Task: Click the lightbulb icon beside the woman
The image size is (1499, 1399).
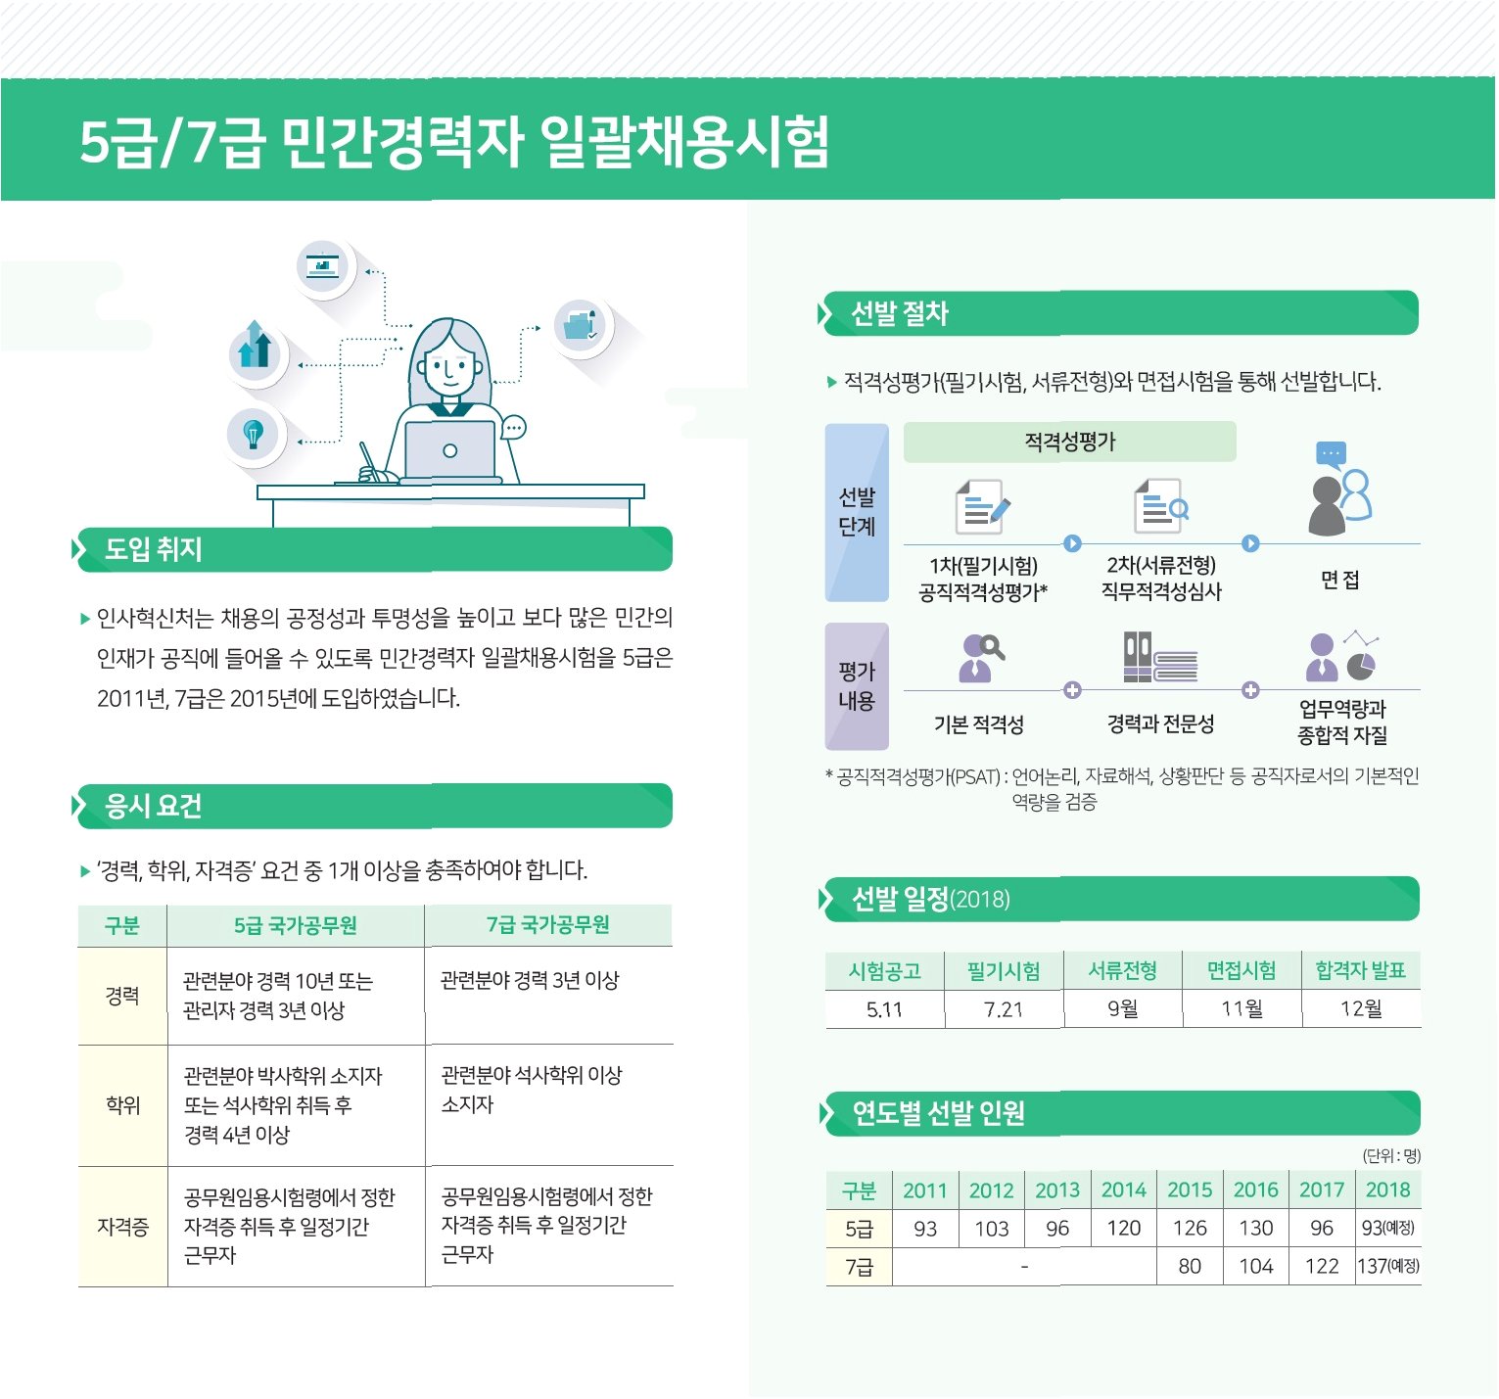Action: pyautogui.click(x=254, y=433)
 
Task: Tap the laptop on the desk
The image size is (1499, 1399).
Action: pyautogui.click(x=450, y=451)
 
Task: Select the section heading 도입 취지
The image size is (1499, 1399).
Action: pyautogui.click(x=154, y=549)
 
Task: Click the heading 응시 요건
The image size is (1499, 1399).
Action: pyautogui.click(x=154, y=806)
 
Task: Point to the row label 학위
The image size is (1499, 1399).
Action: pyautogui.click(x=123, y=1105)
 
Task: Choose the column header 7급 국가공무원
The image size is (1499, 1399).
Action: pyautogui.click(x=548, y=925)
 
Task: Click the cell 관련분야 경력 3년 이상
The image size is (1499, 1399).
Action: pyautogui.click(x=530, y=980)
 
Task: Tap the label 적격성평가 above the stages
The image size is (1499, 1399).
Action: pyautogui.click(x=1070, y=442)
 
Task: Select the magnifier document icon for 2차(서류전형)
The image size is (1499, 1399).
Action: pyautogui.click(x=1161, y=505)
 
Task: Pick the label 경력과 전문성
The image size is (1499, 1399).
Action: pyautogui.click(x=1160, y=723)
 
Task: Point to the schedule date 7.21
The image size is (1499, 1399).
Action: pyautogui.click(x=1004, y=1009)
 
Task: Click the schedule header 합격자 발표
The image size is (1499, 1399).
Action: pyautogui.click(x=1361, y=970)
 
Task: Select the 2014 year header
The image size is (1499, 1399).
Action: pyautogui.click(x=1124, y=1189)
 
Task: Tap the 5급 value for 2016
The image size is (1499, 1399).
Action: pyautogui.click(x=1256, y=1228)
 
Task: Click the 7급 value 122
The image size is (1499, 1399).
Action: pyautogui.click(x=1322, y=1266)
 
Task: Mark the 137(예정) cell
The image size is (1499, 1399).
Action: pyautogui.click(x=1388, y=1266)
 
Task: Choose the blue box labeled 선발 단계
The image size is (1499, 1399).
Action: pyautogui.click(x=857, y=512)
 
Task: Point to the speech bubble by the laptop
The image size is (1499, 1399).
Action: pyautogui.click(x=514, y=428)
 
